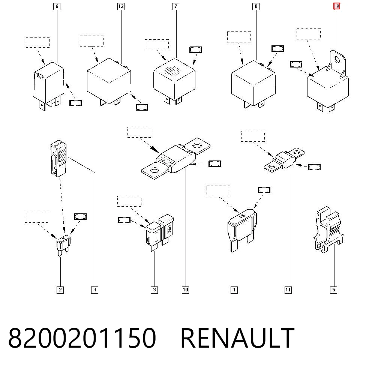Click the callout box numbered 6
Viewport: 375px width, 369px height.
pos(57,6)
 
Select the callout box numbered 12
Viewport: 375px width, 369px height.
pos(121,6)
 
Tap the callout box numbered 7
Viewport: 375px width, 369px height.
pos(176,6)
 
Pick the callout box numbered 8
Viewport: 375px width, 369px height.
pos(256,6)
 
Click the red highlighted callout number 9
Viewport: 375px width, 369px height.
pos(337,6)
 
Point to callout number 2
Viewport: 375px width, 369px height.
pos(60,290)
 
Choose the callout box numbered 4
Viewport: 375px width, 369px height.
pos(95,290)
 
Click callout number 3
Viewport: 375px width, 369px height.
pos(154,290)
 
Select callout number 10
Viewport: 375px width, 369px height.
pos(185,290)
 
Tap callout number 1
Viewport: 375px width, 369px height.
pos(234,290)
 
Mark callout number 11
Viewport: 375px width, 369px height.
pos(288,290)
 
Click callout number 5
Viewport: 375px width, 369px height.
pos(334,290)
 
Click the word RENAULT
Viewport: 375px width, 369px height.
pos(237,338)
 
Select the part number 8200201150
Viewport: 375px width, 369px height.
pos(82,338)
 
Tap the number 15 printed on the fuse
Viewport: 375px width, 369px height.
pos(241,216)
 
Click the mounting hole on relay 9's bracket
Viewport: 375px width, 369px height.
pos(337,59)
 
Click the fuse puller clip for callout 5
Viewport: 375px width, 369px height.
pos(328,229)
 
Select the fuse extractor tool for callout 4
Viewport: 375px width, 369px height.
pos(58,158)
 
